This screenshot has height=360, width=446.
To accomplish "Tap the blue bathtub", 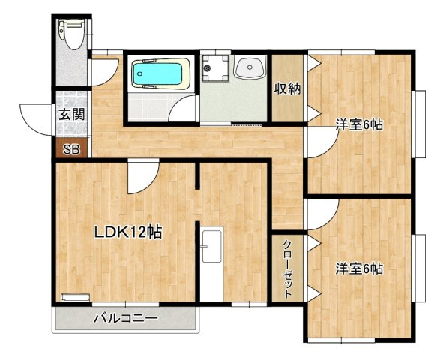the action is click(x=157, y=73).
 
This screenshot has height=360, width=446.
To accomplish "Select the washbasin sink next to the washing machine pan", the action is click(x=250, y=67).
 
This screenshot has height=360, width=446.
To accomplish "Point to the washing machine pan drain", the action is click(x=207, y=67).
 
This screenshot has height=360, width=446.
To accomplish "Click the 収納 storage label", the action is click(x=287, y=88).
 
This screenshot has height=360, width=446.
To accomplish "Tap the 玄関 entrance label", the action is click(x=72, y=115).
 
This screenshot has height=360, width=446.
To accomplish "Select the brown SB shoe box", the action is click(x=71, y=148).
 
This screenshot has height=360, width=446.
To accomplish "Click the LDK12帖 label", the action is click(x=128, y=232).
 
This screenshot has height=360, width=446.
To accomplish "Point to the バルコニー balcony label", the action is click(x=125, y=317).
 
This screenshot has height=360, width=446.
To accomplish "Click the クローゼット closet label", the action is click(x=288, y=269).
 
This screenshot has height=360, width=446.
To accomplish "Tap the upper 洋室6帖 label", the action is click(x=359, y=125).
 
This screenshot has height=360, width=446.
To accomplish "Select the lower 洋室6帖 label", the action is click(x=359, y=268).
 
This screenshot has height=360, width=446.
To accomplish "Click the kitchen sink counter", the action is click(x=212, y=264).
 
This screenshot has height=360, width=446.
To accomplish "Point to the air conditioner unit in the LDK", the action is click(x=76, y=297).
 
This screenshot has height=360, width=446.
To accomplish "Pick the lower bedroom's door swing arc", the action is click(x=330, y=220).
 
